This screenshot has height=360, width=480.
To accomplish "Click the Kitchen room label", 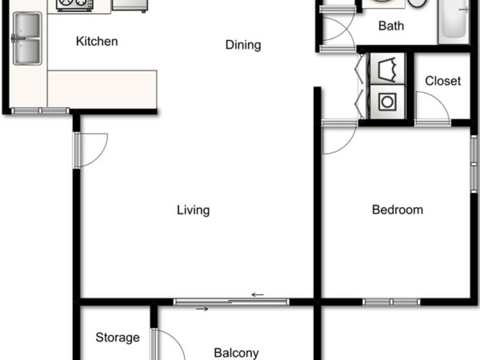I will pyautogui.click(x=97, y=42).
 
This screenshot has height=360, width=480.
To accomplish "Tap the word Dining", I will pyautogui.click(x=243, y=45).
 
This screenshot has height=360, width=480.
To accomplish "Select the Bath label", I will pyautogui.click(x=391, y=26).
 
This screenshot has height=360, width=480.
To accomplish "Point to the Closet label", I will pyautogui.click(x=443, y=81).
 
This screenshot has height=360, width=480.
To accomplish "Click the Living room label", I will pyautogui.click(x=193, y=211).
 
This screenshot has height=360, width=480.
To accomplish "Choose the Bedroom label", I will pyautogui.click(x=397, y=210).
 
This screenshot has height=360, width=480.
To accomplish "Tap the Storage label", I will pyautogui.click(x=118, y=338).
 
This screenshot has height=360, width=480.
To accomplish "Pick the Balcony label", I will pyautogui.click(x=236, y=353).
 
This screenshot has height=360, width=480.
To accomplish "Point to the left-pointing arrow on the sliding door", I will pyautogui.click(x=258, y=295).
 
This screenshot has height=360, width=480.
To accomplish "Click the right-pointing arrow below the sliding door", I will pyautogui.click(x=202, y=309).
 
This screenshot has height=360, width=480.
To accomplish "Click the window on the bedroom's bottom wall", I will pyautogui.click(x=391, y=302).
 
